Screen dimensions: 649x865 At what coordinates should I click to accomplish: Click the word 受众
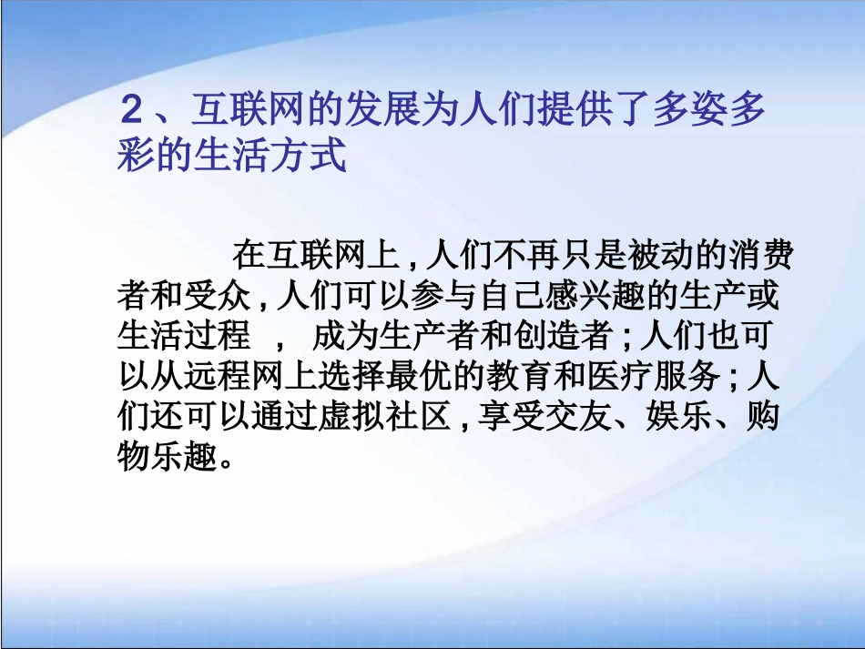(x=216, y=297)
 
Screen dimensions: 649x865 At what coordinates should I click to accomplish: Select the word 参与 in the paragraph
(x=450, y=297)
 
